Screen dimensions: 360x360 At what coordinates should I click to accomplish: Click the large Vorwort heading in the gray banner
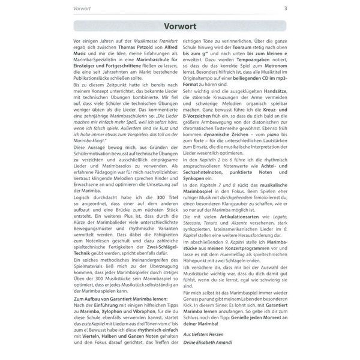pos(180,26)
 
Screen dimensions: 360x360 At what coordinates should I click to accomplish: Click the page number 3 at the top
pos(285,8)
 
